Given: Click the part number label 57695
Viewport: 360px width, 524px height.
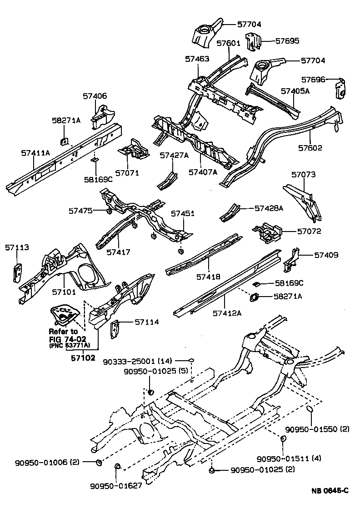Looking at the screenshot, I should [x=287, y=41].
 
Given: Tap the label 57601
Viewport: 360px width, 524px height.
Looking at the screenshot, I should [x=228, y=44].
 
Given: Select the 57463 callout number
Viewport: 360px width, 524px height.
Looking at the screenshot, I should [x=197, y=59].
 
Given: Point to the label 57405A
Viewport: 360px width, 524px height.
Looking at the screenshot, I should [x=295, y=91].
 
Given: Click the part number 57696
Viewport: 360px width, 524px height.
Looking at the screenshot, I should [x=314, y=80].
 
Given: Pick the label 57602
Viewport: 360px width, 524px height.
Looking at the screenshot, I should [x=310, y=148].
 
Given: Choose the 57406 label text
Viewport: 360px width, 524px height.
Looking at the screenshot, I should [x=95, y=96].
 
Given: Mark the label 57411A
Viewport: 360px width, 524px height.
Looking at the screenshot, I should [x=35, y=153].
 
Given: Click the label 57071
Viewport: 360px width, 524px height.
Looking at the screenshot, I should [x=127, y=173].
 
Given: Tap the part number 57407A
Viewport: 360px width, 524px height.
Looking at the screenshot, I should [x=203, y=172].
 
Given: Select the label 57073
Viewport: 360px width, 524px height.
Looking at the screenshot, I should [x=303, y=175].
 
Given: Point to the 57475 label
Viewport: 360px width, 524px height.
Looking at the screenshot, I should [x=81, y=211].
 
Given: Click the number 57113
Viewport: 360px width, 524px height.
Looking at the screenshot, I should [x=17, y=247].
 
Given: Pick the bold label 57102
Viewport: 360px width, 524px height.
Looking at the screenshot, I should [x=83, y=358].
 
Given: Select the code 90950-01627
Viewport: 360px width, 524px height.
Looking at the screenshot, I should [x=116, y=485].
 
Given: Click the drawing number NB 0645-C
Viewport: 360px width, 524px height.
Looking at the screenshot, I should [x=330, y=491].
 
